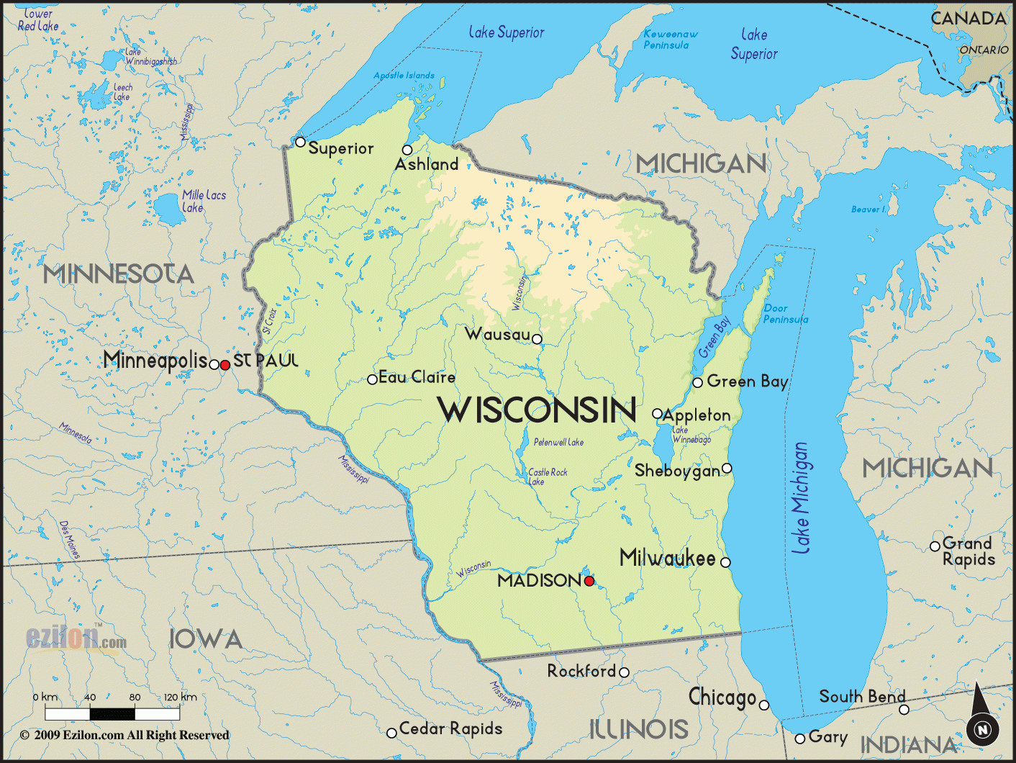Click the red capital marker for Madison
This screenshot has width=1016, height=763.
pyautogui.click(x=589, y=580)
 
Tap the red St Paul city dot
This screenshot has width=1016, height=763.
pyautogui.click(x=225, y=365)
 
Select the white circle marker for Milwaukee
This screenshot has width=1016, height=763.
pyautogui.click(x=725, y=562)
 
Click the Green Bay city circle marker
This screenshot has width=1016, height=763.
pyautogui.click(x=697, y=382)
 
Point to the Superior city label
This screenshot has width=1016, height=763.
pyautogui.click(x=340, y=148)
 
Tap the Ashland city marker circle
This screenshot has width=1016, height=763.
pyautogui.click(x=407, y=150)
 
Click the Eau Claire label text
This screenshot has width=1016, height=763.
pyautogui.click(x=417, y=377)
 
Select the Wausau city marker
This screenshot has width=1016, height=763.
pyautogui.click(x=537, y=339)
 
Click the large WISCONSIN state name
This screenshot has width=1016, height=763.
pyautogui.click(x=537, y=410)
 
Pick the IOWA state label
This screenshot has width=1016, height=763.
pyautogui.click(x=206, y=639)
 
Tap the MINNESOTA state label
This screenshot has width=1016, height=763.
pyautogui.click(x=119, y=274)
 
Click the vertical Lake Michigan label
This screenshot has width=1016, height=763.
pyautogui.click(x=801, y=498)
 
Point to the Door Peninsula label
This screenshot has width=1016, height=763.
pyautogui.click(x=785, y=314)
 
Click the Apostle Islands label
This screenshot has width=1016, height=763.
pyautogui.click(x=404, y=75)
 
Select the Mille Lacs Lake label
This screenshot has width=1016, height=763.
pyautogui.click(x=203, y=201)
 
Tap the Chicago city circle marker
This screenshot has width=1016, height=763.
pyautogui.click(x=764, y=705)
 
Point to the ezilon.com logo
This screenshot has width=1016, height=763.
pyautogui.click(x=76, y=638)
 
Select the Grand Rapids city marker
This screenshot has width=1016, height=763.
pyautogui.click(x=935, y=546)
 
